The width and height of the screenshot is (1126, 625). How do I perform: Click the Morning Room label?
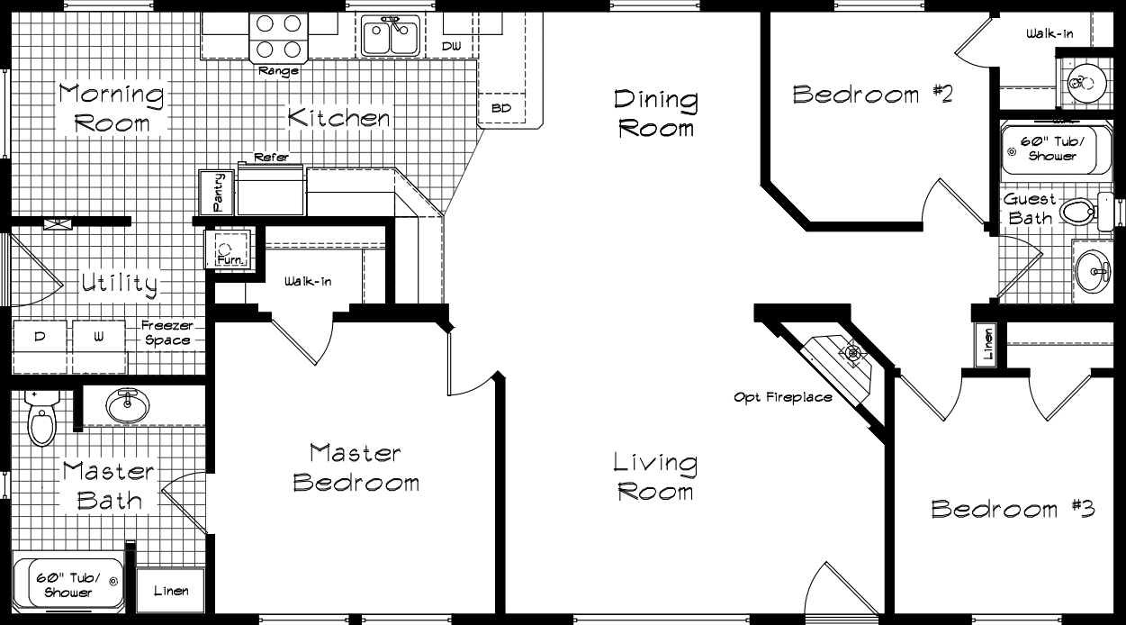coord(112,107)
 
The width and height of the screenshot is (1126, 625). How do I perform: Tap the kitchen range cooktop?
coord(278,37)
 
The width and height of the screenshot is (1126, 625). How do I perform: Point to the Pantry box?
coord(217,192)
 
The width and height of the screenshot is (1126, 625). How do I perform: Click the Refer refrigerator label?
coord(271,158)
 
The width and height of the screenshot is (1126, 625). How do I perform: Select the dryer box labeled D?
coord(40,337)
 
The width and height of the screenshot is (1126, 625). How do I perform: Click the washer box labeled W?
coord(99,337)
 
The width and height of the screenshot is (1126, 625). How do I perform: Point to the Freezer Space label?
coord(167,333)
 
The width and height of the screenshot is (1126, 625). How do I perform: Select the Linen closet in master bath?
coord(170,591)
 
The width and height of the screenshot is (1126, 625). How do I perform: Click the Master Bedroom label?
coord(356,467)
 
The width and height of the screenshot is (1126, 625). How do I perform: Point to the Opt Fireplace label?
coord(782,397)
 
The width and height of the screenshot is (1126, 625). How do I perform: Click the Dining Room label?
coord(655,113)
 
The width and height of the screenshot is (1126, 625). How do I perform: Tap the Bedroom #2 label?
coord(871,95)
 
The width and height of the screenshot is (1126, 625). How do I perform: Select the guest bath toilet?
coord(1078,213)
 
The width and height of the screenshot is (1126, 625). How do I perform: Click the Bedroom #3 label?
coord(1012,509)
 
